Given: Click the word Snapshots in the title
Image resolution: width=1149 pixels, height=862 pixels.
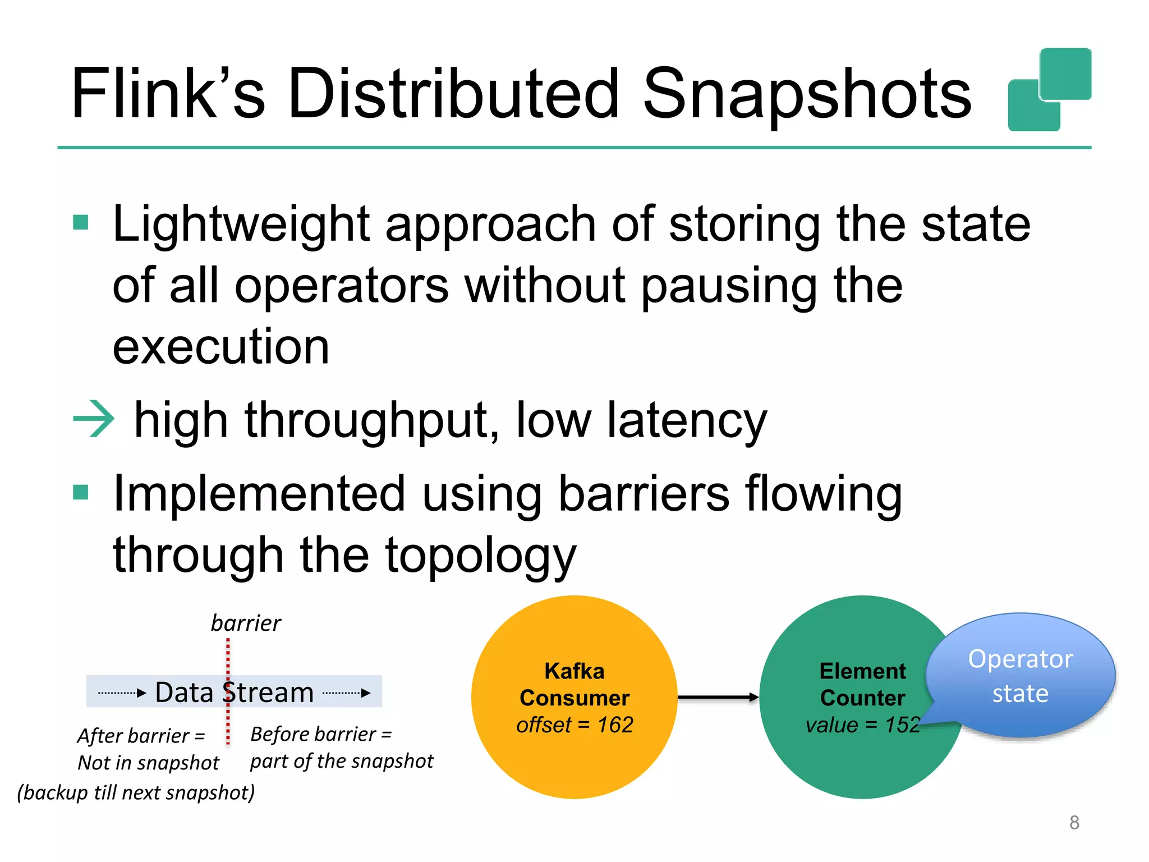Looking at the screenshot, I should (806, 94).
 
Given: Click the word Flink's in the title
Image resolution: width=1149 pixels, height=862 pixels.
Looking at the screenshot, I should (167, 94).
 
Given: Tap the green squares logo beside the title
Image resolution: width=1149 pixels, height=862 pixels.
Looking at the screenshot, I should (1049, 90).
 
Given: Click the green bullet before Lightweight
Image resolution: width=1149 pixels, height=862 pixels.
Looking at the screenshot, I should (81, 223).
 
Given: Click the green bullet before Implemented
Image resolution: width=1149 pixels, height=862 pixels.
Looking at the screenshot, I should (81, 492).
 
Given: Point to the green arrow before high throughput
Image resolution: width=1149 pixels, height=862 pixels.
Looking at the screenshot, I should (94, 419).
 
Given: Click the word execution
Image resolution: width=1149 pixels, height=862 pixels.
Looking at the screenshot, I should (221, 347).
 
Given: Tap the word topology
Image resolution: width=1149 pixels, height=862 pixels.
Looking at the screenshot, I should (481, 556).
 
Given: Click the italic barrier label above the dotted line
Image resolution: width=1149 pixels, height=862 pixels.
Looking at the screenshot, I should (246, 623).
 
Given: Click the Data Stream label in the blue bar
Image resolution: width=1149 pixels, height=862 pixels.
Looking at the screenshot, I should (234, 692).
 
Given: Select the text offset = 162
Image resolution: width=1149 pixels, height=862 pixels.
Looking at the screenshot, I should (574, 725).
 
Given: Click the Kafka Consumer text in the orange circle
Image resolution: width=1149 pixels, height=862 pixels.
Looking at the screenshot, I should (574, 685).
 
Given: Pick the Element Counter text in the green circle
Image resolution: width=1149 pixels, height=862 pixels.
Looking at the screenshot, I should (862, 685).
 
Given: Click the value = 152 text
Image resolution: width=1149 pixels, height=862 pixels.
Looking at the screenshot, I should (862, 725).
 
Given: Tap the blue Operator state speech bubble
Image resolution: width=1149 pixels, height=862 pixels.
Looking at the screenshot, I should (1020, 676).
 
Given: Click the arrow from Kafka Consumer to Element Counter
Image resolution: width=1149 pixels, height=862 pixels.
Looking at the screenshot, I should (718, 698).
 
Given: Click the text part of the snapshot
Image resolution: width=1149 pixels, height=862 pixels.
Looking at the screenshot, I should (342, 762).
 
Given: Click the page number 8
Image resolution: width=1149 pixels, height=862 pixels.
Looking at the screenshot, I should (1074, 822).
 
